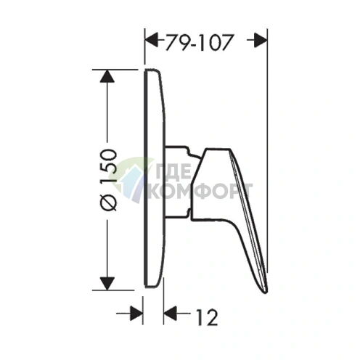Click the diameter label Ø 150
(109, 180)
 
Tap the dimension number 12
(206, 316)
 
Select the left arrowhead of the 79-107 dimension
(151, 40)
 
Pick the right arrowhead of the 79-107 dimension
(261, 40)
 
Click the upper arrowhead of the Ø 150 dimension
(107, 76)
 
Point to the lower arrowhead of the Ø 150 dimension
(107, 283)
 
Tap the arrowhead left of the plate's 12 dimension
(136, 314)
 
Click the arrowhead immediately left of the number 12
(170, 314)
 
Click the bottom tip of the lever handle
(266, 292)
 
